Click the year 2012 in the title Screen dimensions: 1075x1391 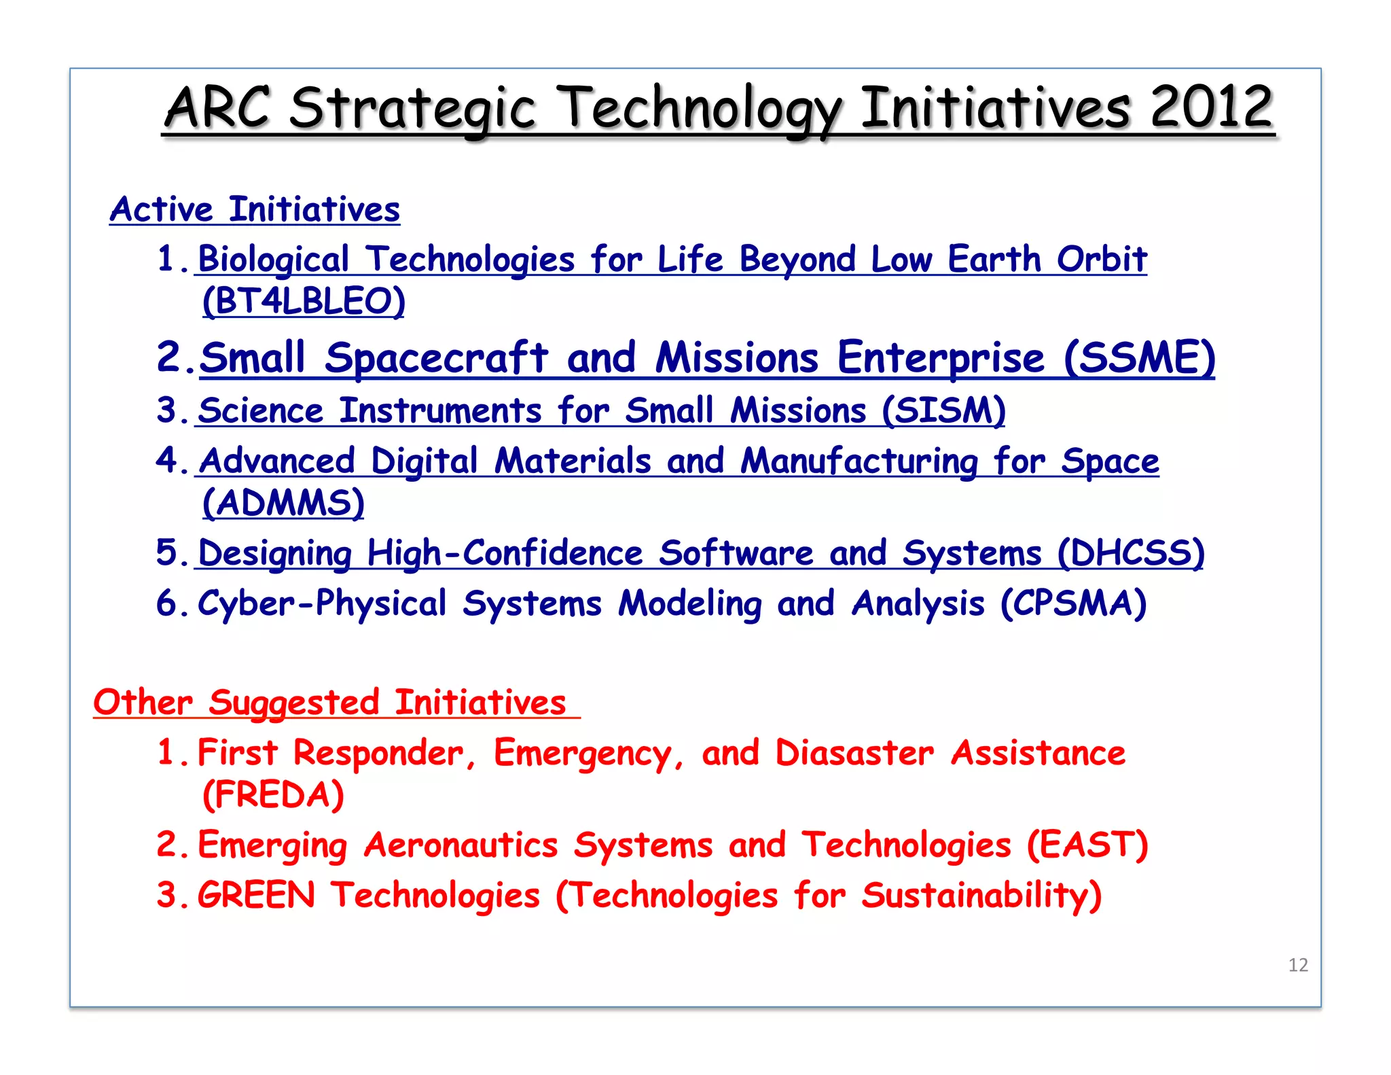pyautogui.click(x=1211, y=107)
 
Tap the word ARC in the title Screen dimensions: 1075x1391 pyautogui.click(x=217, y=107)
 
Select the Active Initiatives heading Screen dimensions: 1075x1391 pyautogui.click(x=255, y=209)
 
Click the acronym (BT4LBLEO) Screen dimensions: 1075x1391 pyautogui.click(x=304, y=300)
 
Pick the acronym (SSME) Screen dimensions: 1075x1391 pyautogui.click(x=1139, y=357)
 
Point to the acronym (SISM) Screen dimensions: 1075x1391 pyautogui.click(x=943, y=410)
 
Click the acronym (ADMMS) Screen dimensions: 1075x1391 pyautogui.click(x=283, y=503)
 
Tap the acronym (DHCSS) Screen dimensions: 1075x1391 pyautogui.click(x=1131, y=552)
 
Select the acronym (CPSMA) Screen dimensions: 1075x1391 pyautogui.click(x=1074, y=603)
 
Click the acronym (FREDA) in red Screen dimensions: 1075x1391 pyautogui.click(x=273, y=794)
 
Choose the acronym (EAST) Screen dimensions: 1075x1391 pyautogui.click(x=1087, y=845)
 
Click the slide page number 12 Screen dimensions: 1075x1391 pyautogui.click(x=1298, y=965)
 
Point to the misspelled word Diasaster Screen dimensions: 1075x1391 pyautogui.click(x=854, y=753)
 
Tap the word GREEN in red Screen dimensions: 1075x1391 pyautogui.click(x=256, y=895)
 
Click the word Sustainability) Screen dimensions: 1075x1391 pyautogui.click(x=981, y=895)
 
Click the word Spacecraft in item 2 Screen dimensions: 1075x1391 pyautogui.click(x=436, y=357)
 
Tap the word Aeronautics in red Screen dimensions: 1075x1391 pyautogui.click(x=460, y=845)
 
